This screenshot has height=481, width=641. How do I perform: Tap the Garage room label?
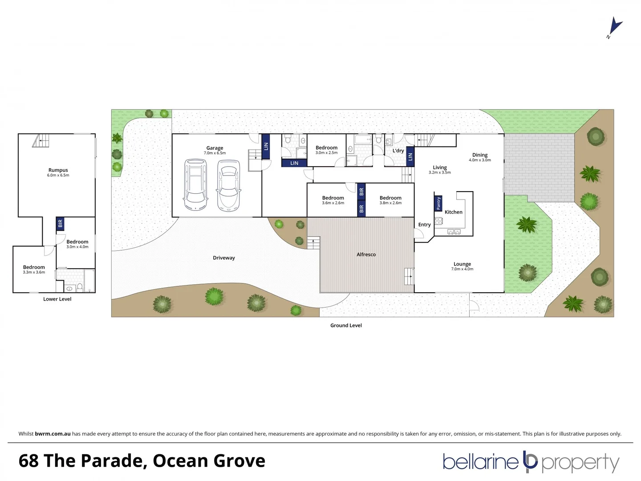pyautogui.click(x=215, y=148)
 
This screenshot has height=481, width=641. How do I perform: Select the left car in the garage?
pyautogui.click(x=195, y=187)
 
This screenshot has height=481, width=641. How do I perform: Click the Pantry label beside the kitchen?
pyautogui.click(x=438, y=203)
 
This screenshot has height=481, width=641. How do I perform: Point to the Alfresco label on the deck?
pyautogui.click(x=366, y=254)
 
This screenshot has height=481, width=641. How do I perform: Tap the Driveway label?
pyautogui.click(x=223, y=258)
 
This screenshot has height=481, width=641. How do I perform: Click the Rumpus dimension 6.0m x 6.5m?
pyautogui.click(x=58, y=175)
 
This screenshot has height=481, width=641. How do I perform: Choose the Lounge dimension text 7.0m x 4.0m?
pyautogui.click(x=462, y=269)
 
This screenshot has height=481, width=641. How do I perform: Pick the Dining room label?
pyautogui.click(x=480, y=155)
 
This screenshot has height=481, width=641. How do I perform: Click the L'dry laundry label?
pyautogui.click(x=398, y=151)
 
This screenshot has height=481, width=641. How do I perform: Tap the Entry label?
pyautogui.click(x=424, y=224)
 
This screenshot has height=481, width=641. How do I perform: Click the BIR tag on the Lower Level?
pyautogui.click(x=61, y=223)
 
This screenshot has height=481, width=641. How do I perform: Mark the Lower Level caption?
pyautogui.click(x=57, y=299)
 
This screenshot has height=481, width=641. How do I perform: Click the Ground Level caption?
pyautogui.click(x=346, y=325)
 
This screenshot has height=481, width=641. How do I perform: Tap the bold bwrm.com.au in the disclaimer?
pyautogui.click(x=53, y=433)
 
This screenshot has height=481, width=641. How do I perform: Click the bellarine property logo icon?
pyautogui.click(x=530, y=461)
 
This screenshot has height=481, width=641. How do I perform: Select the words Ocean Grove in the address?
pyautogui.click(x=209, y=461)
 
